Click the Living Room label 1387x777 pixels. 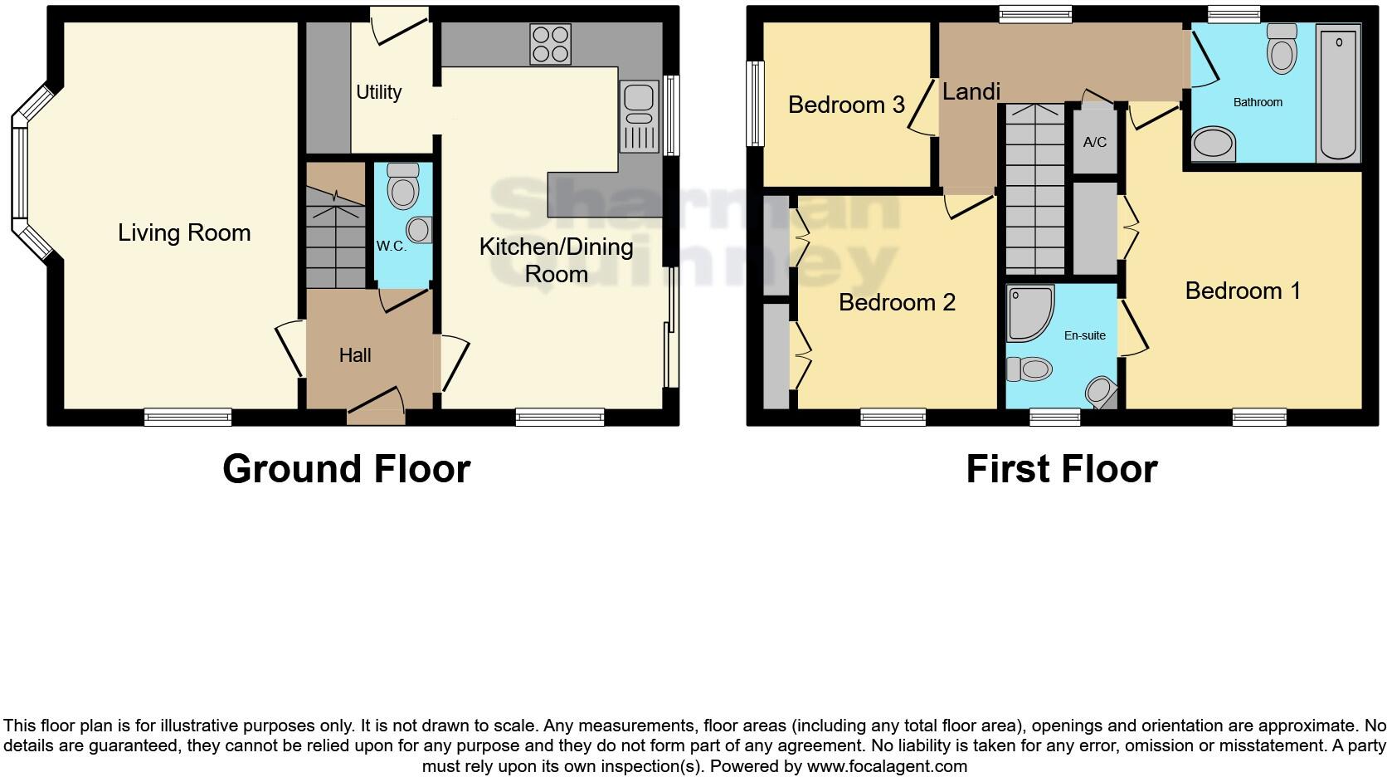(x=184, y=233)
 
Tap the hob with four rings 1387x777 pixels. (x=550, y=44)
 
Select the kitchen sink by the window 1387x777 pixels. (x=638, y=117)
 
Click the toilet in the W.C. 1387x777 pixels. (x=403, y=185)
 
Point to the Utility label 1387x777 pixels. (x=378, y=92)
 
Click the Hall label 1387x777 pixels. (x=354, y=355)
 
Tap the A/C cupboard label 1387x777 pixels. (x=1094, y=142)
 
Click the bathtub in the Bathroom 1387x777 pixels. (x=1337, y=93)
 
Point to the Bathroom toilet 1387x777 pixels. (x=1282, y=49)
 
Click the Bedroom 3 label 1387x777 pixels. (x=846, y=105)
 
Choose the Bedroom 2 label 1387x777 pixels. (x=897, y=302)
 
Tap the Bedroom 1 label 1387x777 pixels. (x=1242, y=291)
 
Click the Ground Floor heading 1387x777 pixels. (x=346, y=469)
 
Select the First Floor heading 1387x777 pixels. (x=1061, y=469)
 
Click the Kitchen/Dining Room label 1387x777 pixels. (x=556, y=260)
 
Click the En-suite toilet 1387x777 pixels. (x=1029, y=369)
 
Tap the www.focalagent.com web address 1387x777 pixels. (x=887, y=766)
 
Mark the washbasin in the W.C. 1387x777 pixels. (x=420, y=230)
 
